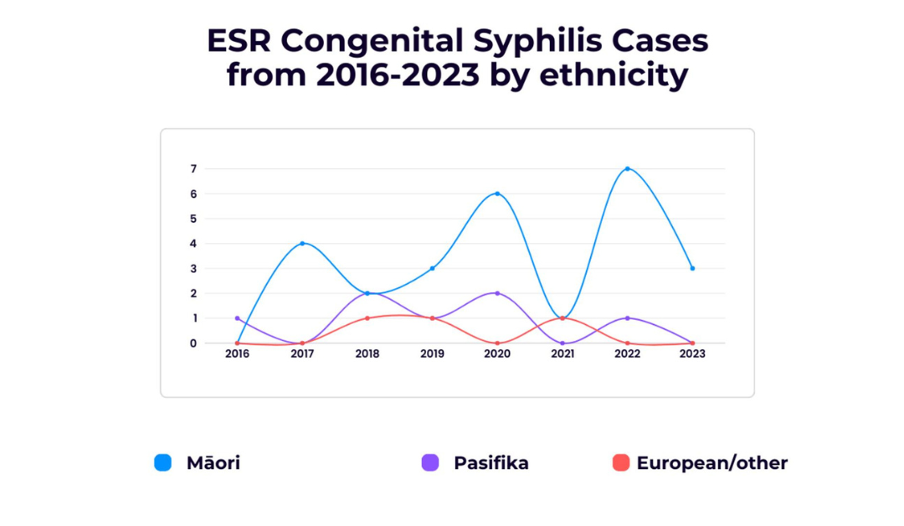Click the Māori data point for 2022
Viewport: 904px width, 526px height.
[x=627, y=168]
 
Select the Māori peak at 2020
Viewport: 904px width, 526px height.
[x=497, y=193]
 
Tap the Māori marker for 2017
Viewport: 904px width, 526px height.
[x=302, y=244]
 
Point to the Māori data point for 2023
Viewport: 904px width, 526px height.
[x=692, y=268]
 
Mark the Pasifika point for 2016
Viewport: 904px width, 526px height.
[x=238, y=318]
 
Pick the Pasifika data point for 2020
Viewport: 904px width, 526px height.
[x=497, y=293]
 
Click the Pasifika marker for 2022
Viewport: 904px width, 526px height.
[x=627, y=318]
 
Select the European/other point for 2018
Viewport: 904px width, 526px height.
[x=367, y=318]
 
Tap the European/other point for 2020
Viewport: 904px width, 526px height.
[x=497, y=343]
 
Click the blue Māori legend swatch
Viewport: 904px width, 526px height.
[x=163, y=462]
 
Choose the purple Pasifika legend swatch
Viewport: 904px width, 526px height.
[x=430, y=462]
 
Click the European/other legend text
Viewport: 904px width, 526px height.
[x=711, y=462]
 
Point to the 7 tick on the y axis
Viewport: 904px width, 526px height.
[x=193, y=169]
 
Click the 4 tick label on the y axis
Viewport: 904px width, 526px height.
[x=193, y=244]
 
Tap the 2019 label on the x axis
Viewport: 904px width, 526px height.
[x=432, y=354]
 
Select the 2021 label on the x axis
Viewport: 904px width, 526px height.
[x=562, y=354]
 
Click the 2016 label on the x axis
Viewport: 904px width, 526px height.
[x=238, y=354]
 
